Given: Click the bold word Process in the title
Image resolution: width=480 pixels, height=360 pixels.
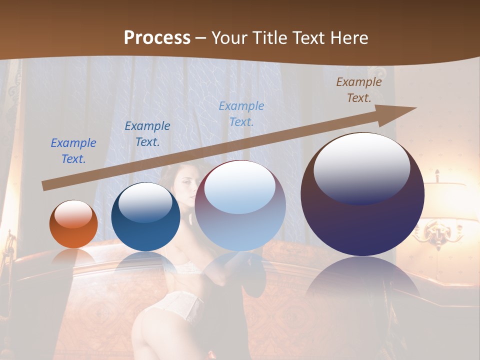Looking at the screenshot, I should point(157,38).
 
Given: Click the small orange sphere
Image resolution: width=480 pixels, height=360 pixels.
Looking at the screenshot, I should point(73,224).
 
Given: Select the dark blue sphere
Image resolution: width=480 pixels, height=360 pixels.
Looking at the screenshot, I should point(145,217).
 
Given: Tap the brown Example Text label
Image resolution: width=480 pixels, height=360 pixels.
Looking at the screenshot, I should point(358,90).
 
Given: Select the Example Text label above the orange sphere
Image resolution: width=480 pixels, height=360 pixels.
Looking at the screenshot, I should point(73,151).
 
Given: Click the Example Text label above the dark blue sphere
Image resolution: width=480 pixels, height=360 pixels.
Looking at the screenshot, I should point(147,134).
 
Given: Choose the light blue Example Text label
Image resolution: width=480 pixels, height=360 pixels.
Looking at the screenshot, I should point(241,114).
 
